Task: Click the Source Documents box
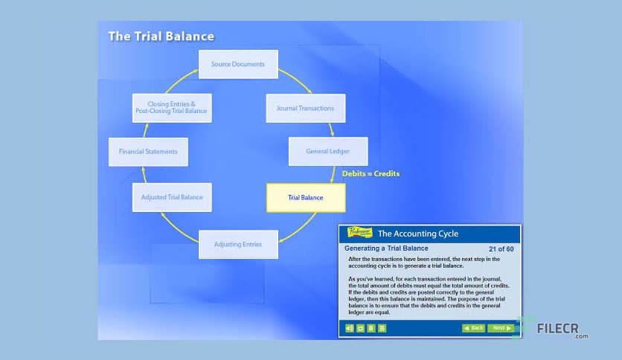click(x=237, y=64)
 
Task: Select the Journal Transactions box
click(x=305, y=108)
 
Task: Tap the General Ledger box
click(x=328, y=151)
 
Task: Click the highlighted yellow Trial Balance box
click(x=305, y=197)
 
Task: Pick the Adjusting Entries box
click(x=238, y=244)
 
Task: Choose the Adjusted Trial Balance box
click(x=172, y=197)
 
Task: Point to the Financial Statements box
click(x=148, y=151)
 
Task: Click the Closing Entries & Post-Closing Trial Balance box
click(x=171, y=108)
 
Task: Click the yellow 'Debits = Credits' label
click(x=371, y=173)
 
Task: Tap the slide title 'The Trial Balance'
click(x=161, y=36)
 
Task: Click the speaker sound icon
click(x=349, y=327)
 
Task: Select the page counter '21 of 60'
click(x=501, y=248)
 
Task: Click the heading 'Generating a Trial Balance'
click(x=386, y=248)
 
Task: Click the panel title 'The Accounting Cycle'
click(x=418, y=234)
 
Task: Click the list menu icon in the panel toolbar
click(x=382, y=327)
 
